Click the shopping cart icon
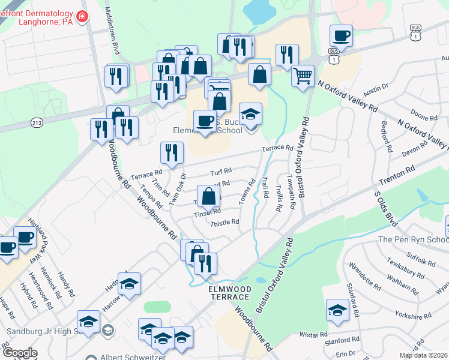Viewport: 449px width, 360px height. click(303, 76)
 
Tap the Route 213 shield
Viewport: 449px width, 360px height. click(35, 122)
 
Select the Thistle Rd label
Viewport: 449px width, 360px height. click(225, 221)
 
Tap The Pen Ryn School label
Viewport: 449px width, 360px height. click(413, 239)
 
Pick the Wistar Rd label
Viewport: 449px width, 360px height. click(314, 334)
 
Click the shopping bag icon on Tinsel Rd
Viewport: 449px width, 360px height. click(208, 196)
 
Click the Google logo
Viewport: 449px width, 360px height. click(19, 353)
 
